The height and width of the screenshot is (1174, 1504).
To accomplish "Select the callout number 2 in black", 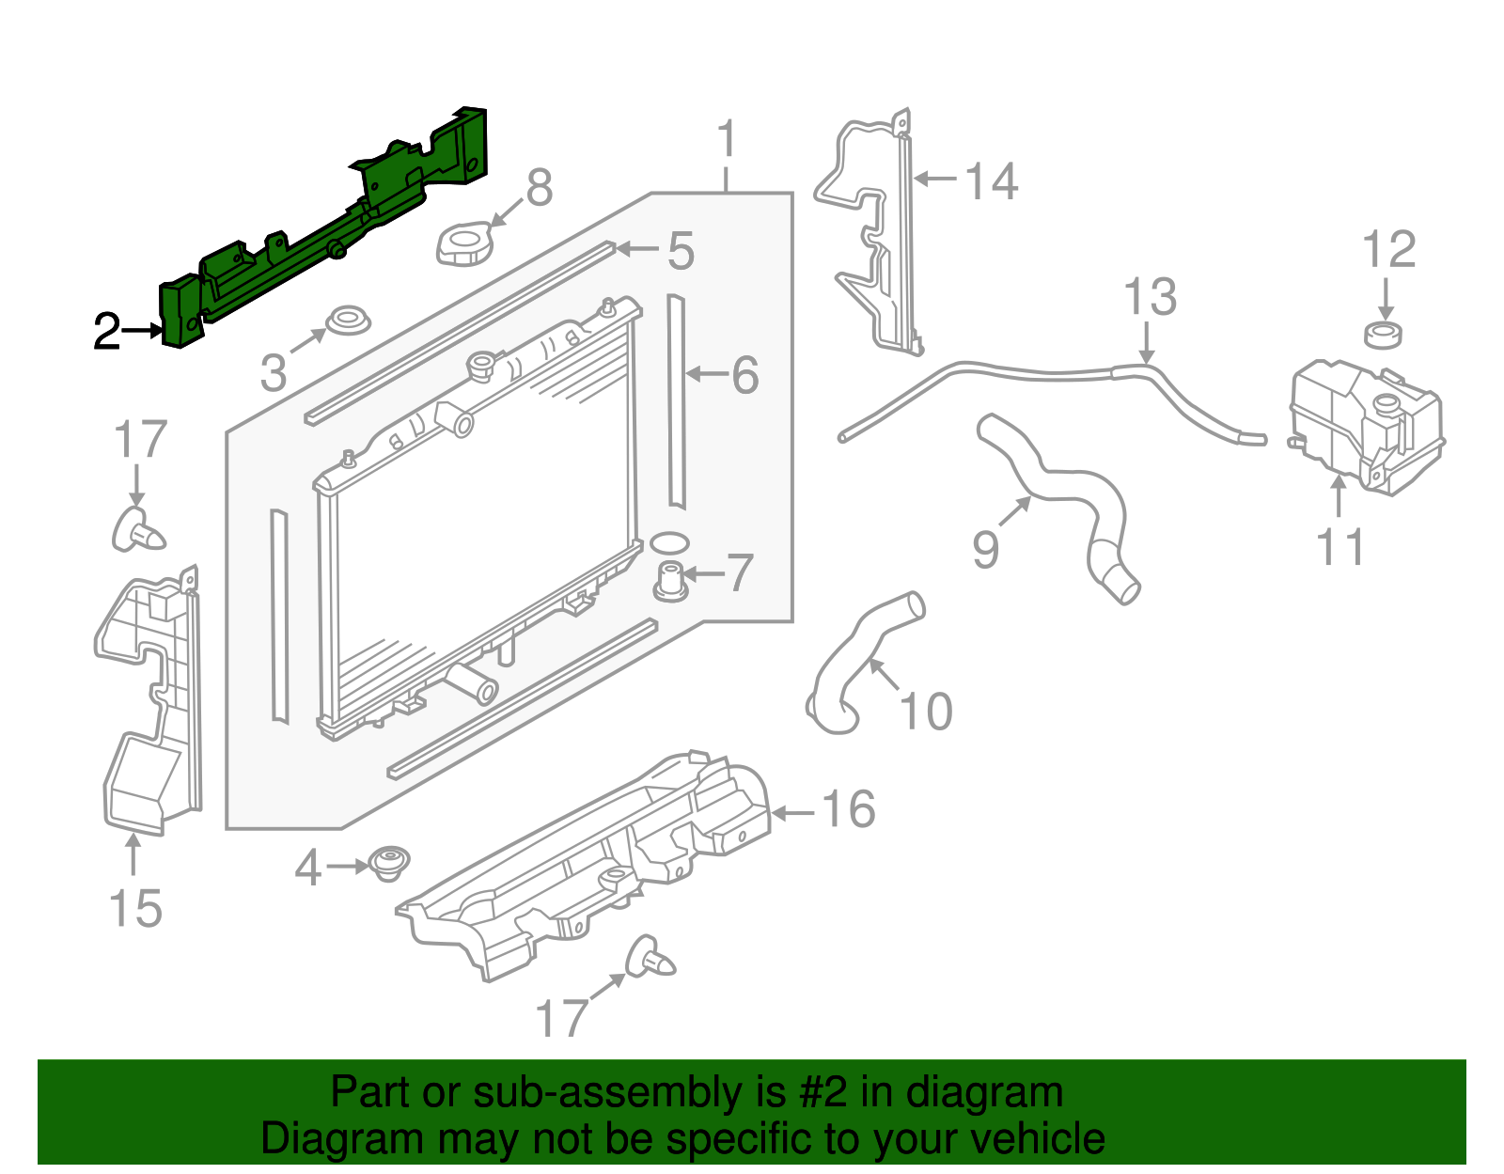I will (106, 332).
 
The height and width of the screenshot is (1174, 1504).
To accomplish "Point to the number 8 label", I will (539, 188).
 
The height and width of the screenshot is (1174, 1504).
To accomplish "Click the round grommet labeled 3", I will (347, 321).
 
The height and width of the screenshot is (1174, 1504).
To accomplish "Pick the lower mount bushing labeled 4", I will (387, 863).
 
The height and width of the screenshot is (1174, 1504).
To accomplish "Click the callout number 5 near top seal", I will (681, 252).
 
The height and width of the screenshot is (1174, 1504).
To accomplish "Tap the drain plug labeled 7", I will (669, 580).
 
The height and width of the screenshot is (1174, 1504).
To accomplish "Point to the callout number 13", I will (1150, 297).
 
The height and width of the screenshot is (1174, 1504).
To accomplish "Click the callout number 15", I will (135, 909).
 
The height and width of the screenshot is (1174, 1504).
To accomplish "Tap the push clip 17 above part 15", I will (137, 532).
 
